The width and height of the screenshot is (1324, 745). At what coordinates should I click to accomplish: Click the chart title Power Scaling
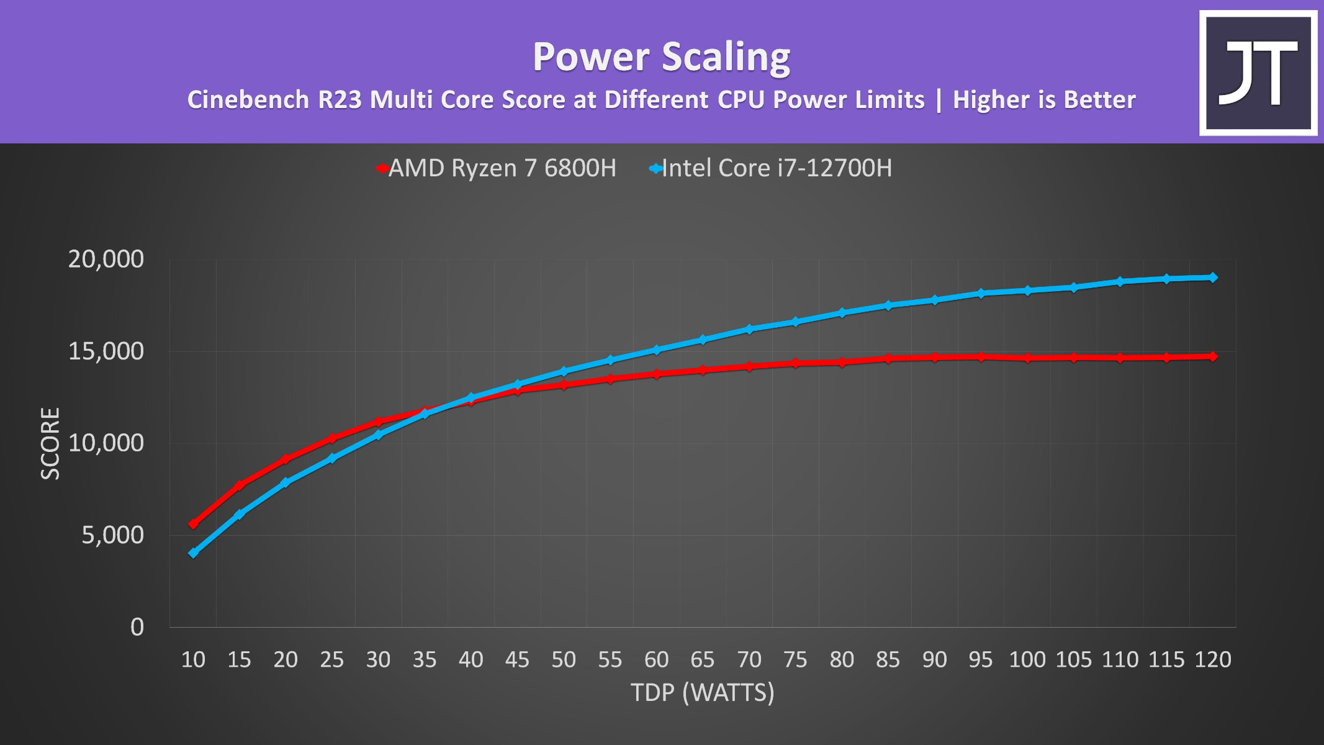pos(661,57)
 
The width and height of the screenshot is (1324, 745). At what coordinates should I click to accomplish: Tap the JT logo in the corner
pos(1258,73)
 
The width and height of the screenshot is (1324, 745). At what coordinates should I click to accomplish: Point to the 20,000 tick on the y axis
pos(106,259)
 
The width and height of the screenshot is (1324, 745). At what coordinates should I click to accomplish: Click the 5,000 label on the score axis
pos(112,535)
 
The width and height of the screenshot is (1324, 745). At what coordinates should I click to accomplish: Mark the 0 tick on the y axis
pos(137,626)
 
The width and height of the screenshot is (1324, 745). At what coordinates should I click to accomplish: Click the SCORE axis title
pos(50,443)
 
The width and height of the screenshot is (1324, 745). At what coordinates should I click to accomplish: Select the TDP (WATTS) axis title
pos(703,692)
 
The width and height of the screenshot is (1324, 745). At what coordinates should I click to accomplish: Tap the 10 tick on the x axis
pos(193,659)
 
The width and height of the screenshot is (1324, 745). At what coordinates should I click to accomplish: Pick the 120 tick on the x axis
pos(1213,659)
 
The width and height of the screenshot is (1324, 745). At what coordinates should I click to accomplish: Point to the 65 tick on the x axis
pos(703,659)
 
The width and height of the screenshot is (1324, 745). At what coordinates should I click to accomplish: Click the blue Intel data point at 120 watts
pos(1213,278)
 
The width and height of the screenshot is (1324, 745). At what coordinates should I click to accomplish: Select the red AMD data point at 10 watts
pos(193,523)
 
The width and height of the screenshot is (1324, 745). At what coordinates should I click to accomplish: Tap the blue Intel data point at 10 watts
pos(193,553)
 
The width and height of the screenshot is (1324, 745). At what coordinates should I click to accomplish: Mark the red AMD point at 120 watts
pos(1213,356)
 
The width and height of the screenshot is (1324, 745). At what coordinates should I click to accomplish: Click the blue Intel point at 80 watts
pos(842,313)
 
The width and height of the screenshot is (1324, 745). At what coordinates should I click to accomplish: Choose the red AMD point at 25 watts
pos(332,438)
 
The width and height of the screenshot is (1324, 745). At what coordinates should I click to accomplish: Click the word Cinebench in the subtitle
pos(248,100)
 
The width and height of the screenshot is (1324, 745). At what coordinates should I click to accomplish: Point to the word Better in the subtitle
pos(1100,100)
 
